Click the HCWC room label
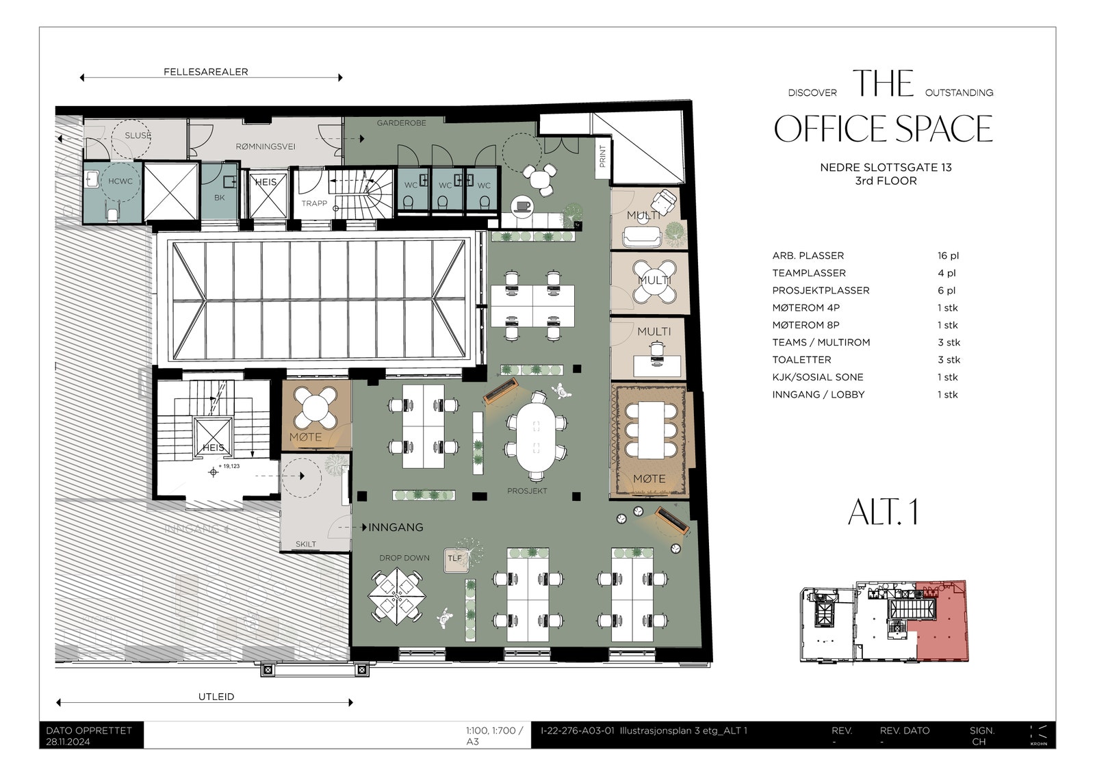(x=120, y=181)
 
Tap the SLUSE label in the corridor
(x=138, y=136)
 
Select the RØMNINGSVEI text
(x=266, y=146)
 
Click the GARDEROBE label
(x=401, y=123)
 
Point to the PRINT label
(x=602, y=156)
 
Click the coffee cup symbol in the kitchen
(x=524, y=205)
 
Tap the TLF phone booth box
(x=454, y=558)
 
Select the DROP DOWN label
(x=404, y=558)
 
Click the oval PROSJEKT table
(x=537, y=441)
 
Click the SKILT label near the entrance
(x=306, y=544)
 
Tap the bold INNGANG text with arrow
(x=396, y=528)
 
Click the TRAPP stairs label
(x=314, y=203)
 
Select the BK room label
(x=219, y=198)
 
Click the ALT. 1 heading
(x=883, y=513)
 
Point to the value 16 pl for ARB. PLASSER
(x=948, y=256)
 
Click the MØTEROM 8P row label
(x=806, y=325)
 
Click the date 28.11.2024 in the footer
(x=68, y=742)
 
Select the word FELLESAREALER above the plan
(x=205, y=72)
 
